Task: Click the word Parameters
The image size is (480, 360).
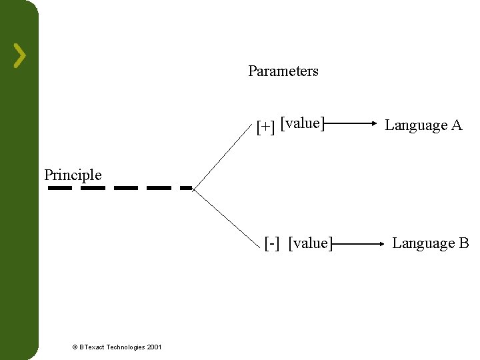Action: click(283, 71)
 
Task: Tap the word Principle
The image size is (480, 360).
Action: click(73, 175)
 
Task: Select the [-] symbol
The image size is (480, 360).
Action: click(272, 243)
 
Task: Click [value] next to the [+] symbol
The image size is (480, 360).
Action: click(303, 123)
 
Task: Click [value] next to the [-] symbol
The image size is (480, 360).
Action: click(311, 243)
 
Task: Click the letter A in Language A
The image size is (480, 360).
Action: click(456, 125)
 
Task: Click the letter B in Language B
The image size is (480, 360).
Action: click(464, 243)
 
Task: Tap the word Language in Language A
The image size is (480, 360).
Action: click(415, 125)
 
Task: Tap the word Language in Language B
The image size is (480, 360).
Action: click(422, 244)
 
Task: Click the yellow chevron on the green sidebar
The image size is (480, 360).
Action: click(21, 55)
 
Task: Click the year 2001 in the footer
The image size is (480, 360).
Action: click(154, 347)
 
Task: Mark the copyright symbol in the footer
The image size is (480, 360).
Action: click(75, 347)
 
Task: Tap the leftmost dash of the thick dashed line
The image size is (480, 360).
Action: click(60, 188)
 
